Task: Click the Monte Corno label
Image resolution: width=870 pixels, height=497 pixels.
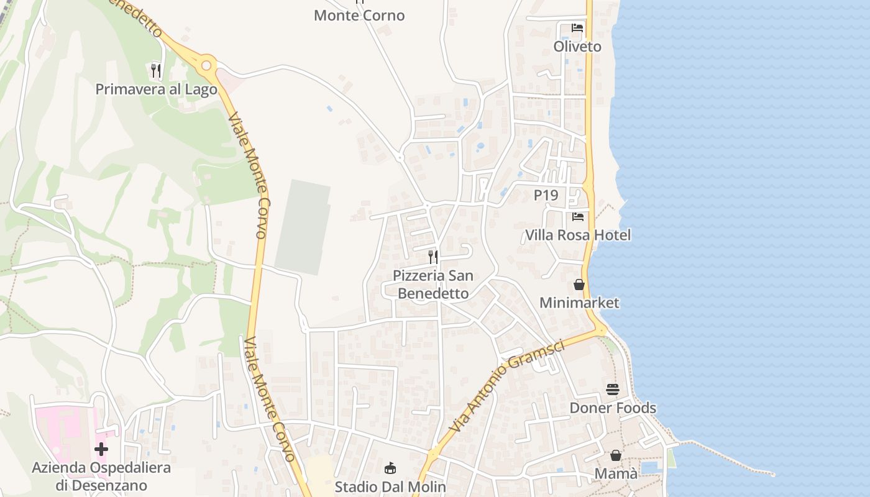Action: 359,16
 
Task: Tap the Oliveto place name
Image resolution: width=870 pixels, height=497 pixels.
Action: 577,47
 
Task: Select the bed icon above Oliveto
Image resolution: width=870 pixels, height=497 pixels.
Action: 577,28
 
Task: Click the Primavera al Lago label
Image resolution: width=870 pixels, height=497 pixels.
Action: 156,89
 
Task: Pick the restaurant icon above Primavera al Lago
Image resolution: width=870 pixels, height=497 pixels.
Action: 156,71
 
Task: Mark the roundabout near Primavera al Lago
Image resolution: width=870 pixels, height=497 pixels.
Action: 207,65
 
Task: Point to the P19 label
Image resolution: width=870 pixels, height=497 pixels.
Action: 546,195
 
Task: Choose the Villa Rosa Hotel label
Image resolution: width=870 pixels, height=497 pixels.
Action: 578,235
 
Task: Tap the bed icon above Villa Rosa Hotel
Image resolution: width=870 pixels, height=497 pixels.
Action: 578,217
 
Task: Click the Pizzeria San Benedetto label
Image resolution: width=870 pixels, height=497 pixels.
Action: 433,284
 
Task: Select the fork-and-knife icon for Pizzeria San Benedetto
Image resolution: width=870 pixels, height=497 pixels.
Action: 433,257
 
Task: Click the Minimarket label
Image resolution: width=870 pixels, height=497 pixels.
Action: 579,303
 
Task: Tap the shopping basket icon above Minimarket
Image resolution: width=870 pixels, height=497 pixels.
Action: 579,285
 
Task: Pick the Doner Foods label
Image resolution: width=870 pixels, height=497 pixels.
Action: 613,408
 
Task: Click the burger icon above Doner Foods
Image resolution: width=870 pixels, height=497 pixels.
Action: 613,390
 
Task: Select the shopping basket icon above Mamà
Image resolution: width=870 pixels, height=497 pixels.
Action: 615,455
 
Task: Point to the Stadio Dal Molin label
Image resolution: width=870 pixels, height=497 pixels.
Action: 390,486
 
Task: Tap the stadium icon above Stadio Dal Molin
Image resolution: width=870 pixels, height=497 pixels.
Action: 390,468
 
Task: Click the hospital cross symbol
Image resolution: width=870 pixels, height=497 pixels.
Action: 101,449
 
